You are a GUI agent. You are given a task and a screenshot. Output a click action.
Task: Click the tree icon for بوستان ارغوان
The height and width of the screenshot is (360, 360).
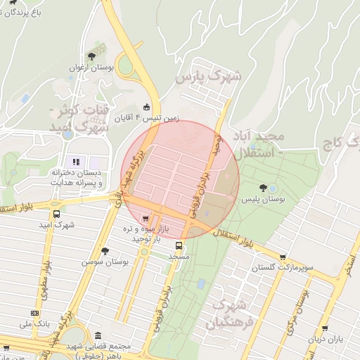click(91, 56)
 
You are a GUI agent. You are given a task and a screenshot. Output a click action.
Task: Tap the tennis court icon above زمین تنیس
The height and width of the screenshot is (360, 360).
click(146, 107)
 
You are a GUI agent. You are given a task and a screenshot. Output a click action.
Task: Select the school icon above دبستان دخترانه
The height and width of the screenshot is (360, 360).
click(76, 162)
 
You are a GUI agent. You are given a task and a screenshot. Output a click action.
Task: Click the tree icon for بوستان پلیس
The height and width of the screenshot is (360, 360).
click(262, 188)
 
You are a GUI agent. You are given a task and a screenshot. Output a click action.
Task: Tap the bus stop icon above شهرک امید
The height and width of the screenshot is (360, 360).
click(56, 214)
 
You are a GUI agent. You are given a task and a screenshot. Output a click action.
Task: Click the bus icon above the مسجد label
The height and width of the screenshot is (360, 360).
click(179, 246)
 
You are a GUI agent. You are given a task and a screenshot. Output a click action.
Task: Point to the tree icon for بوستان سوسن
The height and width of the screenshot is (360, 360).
click(105, 250)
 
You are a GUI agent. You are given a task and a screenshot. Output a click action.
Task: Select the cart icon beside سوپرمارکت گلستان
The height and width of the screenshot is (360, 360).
click(282, 257)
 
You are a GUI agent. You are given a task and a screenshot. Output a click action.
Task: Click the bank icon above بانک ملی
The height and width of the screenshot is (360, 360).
click(34, 313)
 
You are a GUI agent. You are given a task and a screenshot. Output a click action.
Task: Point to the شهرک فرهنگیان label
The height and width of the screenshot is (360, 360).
click(229, 314)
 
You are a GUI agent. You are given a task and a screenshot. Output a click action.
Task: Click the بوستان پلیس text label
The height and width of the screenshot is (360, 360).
click(262, 200)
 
